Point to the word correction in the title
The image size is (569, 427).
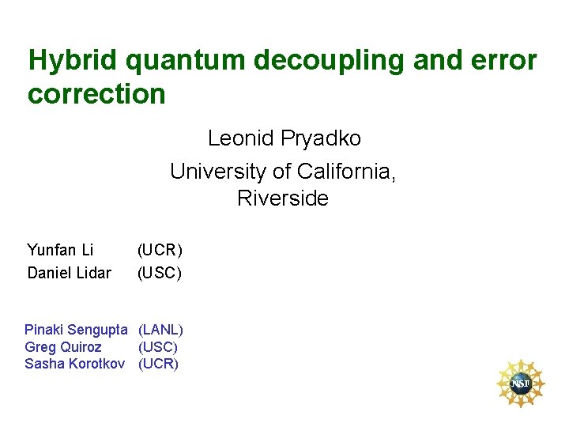pyautogui.click(x=96, y=94)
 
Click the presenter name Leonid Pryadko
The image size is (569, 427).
pyautogui.click(x=284, y=138)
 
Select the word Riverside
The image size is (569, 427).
pyautogui.click(x=282, y=198)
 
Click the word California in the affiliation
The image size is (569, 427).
pyautogui.click(x=345, y=170)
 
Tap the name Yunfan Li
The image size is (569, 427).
pyautogui.click(x=60, y=251)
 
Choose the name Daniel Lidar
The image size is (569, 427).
pyautogui.click(x=69, y=274)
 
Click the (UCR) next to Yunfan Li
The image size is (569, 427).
pyautogui.click(x=160, y=251)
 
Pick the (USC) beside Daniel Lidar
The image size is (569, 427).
pyautogui.click(x=160, y=274)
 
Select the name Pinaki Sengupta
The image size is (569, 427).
pyautogui.click(x=76, y=329)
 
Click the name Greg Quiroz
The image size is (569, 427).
pyautogui.click(x=63, y=346)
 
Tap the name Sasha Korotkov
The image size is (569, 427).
pyautogui.click(x=74, y=364)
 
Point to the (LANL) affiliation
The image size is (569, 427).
pyautogui.click(x=161, y=329)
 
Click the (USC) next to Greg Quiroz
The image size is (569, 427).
pyautogui.click(x=158, y=346)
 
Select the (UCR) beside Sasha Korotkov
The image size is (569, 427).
pyautogui.click(x=159, y=364)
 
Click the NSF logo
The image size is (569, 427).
pyautogui.click(x=520, y=384)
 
